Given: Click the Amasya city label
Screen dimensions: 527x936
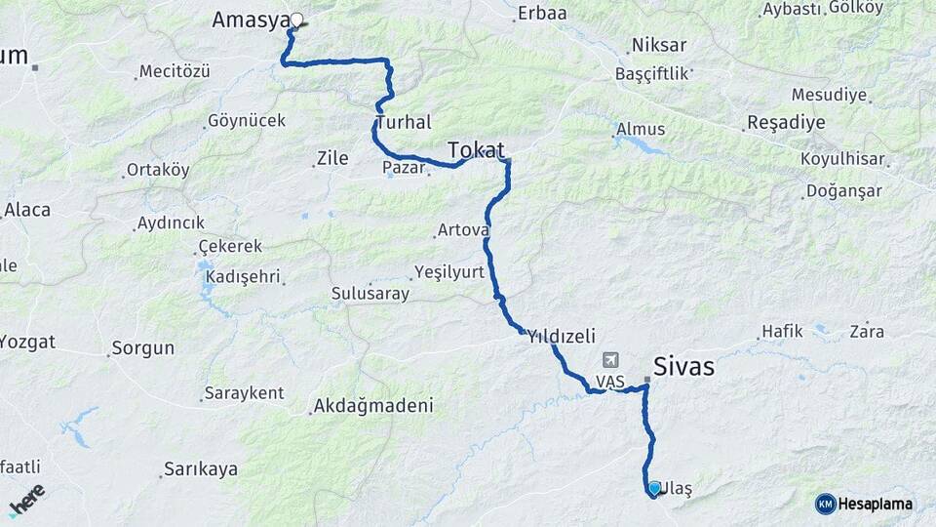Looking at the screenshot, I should tap(250, 20).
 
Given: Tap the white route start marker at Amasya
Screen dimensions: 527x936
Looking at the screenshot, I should tap(296, 19).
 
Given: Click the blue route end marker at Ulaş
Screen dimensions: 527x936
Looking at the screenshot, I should tap(654, 487).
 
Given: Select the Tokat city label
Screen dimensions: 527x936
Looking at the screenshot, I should tap(476, 149).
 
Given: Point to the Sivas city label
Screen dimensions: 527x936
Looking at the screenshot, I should tap(683, 367).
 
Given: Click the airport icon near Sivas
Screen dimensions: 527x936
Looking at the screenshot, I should tap(611, 360).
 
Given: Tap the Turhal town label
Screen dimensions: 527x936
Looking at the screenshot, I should tap(403, 122).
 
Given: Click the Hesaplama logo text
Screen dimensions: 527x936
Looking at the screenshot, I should tap(875, 504).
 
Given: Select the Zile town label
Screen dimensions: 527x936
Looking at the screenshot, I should tap(332, 157).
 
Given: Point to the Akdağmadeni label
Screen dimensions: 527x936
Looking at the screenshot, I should tap(376, 405).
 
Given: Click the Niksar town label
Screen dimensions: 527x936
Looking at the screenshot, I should tap(659, 45).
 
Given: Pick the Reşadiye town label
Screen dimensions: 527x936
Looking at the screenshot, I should tap(786, 123).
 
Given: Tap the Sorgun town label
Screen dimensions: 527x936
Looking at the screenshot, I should tap(142, 347).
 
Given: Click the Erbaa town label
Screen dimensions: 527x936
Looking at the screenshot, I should tap(543, 13).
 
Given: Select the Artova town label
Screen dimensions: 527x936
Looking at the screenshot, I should tap(463, 230).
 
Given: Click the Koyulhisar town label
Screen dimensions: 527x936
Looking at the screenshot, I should tap(842, 158).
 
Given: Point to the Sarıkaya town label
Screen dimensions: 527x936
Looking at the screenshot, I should tap(201, 469).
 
